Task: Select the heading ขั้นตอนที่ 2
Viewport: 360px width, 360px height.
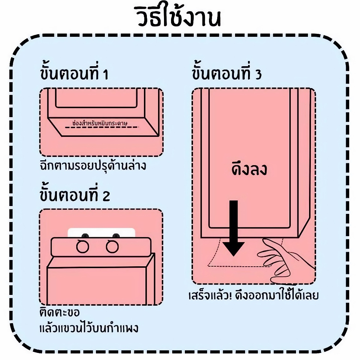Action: point(74,195)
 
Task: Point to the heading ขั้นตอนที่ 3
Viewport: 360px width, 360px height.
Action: point(227,74)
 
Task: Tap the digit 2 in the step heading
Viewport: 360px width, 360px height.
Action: point(106,196)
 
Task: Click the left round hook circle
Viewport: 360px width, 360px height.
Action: point(83,247)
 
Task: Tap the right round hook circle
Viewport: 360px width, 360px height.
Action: point(112,247)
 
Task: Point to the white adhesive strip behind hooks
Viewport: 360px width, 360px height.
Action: point(101,233)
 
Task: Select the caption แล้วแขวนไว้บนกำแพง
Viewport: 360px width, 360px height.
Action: point(89,328)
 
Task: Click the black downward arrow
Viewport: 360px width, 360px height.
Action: point(233,227)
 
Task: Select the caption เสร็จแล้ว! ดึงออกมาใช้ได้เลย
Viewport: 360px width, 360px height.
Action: point(253,296)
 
